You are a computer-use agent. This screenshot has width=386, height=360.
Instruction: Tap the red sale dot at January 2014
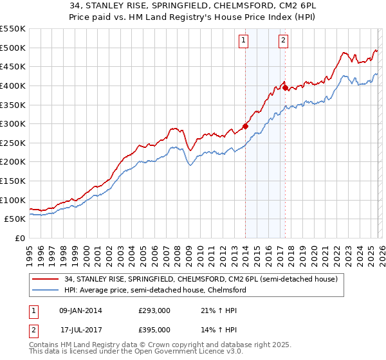245,126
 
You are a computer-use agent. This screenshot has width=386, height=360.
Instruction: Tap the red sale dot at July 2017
285,87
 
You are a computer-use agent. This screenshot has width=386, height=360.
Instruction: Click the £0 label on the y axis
20,238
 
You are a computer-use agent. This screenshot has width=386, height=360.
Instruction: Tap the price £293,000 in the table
154,310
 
